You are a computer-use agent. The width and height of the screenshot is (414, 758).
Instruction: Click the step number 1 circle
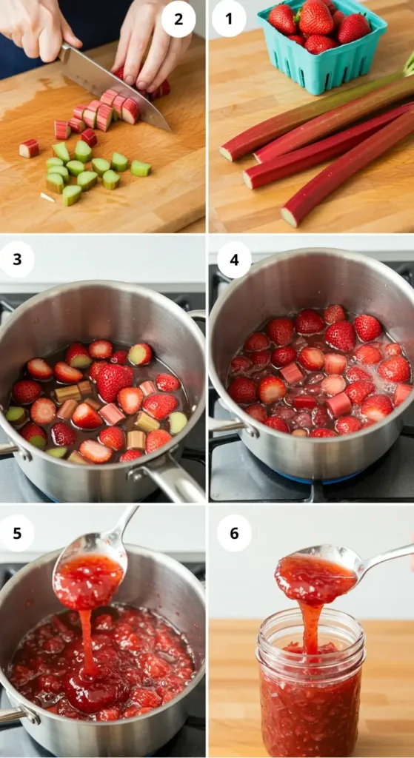(x=229, y=19)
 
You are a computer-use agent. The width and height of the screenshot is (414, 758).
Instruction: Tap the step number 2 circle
(x=178, y=19)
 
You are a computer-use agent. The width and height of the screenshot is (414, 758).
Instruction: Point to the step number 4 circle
(x=234, y=260)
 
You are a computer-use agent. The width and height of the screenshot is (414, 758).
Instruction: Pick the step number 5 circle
(x=18, y=533)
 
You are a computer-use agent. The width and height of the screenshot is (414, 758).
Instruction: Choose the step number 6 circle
(x=234, y=533)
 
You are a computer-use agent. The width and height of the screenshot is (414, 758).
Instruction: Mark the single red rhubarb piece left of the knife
(x=29, y=149)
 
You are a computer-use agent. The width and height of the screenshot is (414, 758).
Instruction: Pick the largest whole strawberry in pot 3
(x=113, y=381)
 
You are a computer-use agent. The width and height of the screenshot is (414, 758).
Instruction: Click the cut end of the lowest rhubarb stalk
(x=290, y=217)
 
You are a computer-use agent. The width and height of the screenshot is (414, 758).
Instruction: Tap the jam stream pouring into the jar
(x=310, y=625)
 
